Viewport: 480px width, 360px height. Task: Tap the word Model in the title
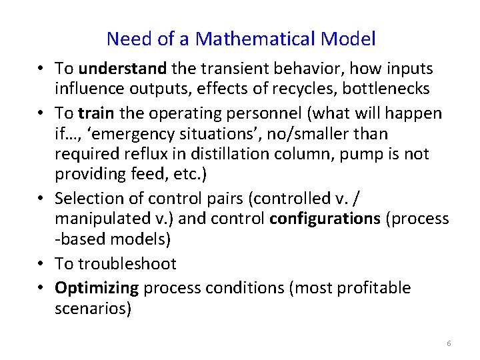pos(348,39)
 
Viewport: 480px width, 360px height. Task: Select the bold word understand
pos(123,69)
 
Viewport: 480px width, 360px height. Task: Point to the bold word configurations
pos(325,219)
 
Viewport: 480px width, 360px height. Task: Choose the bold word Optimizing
pos(97,288)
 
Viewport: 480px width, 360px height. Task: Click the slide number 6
pos(449,343)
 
